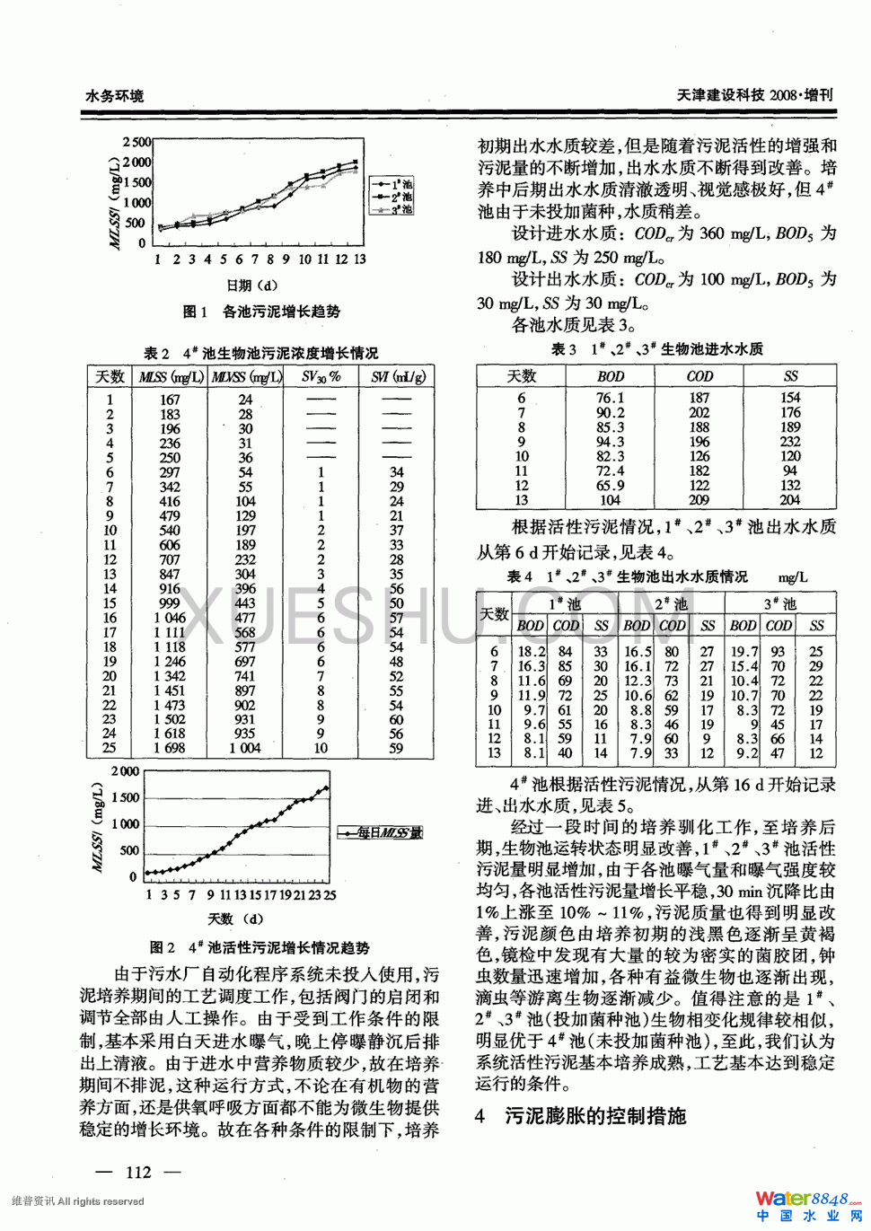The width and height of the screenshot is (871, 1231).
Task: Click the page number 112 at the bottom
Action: tap(139, 1171)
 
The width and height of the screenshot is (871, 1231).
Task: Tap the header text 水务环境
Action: tap(114, 95)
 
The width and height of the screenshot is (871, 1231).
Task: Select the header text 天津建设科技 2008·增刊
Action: tap(754, 94)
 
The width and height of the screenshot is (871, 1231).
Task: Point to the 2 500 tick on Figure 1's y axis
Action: tap(137, 142)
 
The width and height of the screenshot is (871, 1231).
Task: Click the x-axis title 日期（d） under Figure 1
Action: tap(251, 286)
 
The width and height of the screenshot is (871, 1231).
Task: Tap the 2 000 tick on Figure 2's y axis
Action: tap(125, 771)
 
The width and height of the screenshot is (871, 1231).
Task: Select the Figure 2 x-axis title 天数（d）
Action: tap(235, 919)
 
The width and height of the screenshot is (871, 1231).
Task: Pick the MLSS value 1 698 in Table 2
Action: tap(170, 748)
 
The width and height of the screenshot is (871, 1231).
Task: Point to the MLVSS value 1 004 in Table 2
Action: tap(244, 748)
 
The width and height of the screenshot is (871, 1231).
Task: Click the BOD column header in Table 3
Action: tap(611, 376)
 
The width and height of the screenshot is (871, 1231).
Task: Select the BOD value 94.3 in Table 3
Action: tap(611, 442)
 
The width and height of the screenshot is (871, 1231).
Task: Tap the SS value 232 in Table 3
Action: tap(790, 442)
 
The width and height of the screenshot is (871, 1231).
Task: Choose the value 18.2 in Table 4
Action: tap(532, 652)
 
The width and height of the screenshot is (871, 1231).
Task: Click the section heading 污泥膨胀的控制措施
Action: tap(595, 1116)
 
